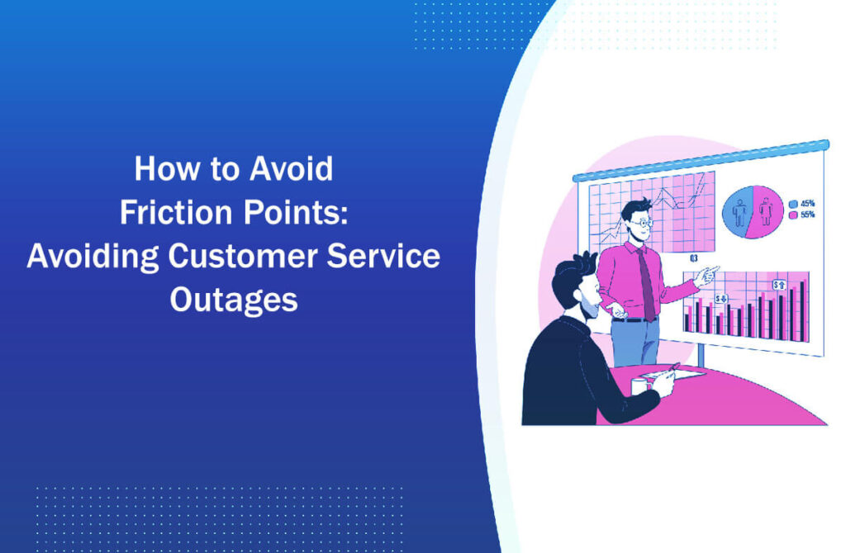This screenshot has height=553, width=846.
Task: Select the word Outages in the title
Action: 234,300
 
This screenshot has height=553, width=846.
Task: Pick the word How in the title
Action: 156,169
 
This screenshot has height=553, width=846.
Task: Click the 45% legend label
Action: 806,204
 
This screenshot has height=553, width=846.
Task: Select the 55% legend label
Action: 806,215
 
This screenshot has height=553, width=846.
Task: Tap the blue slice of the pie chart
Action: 740,211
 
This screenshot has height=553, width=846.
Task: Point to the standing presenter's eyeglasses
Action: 642,220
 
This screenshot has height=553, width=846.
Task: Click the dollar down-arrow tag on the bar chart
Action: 721,298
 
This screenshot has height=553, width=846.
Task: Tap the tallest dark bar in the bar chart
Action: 804,310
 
